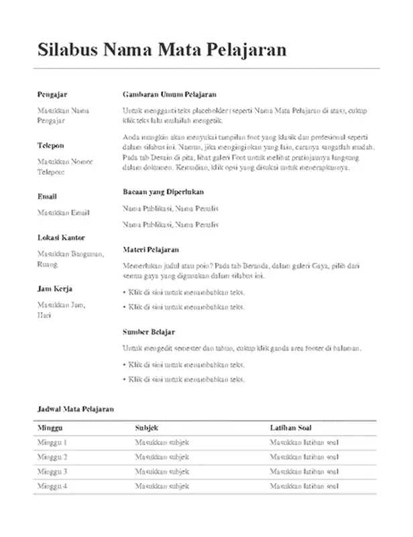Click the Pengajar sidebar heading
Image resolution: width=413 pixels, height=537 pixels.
click(x=52, y=95)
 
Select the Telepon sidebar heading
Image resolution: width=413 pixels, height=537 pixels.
click(x=51, y=146)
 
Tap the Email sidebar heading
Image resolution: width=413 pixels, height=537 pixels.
click(x=47, y=197)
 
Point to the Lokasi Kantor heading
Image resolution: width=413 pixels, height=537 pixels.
click(x=61, y=238)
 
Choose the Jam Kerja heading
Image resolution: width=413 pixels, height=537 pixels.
click(x=54, y=289)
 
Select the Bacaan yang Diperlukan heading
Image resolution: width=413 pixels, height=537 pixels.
click(x=168, y=192)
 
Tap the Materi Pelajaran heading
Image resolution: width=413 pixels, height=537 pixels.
click(x=151, y=249)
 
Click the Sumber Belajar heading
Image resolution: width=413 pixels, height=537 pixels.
click(x=149, y=332)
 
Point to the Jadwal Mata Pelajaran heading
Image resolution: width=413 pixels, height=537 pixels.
click(x=76, y=408)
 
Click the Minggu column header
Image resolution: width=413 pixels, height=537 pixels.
click(x=50, y=428)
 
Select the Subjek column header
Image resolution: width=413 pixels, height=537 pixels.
click(x=147, y=428)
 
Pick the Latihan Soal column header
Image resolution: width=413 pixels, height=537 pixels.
click(x=290, y=428)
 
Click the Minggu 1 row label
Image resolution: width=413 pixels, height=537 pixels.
click(x=52, y=442)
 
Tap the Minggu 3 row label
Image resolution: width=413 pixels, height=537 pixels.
click(x=52, y=471)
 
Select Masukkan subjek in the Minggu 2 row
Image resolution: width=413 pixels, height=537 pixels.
click(x=162, y=457)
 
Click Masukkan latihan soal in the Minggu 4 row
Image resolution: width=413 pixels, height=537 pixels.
click(x=304, y=486)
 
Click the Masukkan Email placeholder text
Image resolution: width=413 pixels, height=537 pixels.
click(x=63, y=213)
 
